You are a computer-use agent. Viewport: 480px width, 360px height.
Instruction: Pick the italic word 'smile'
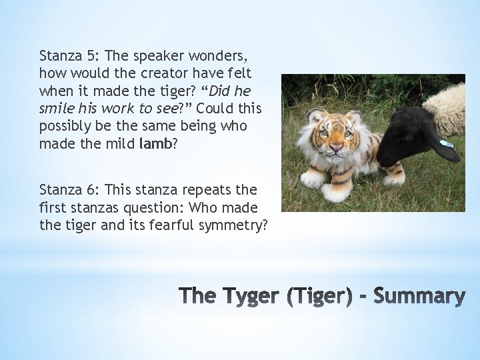click(x=57, y=109)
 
